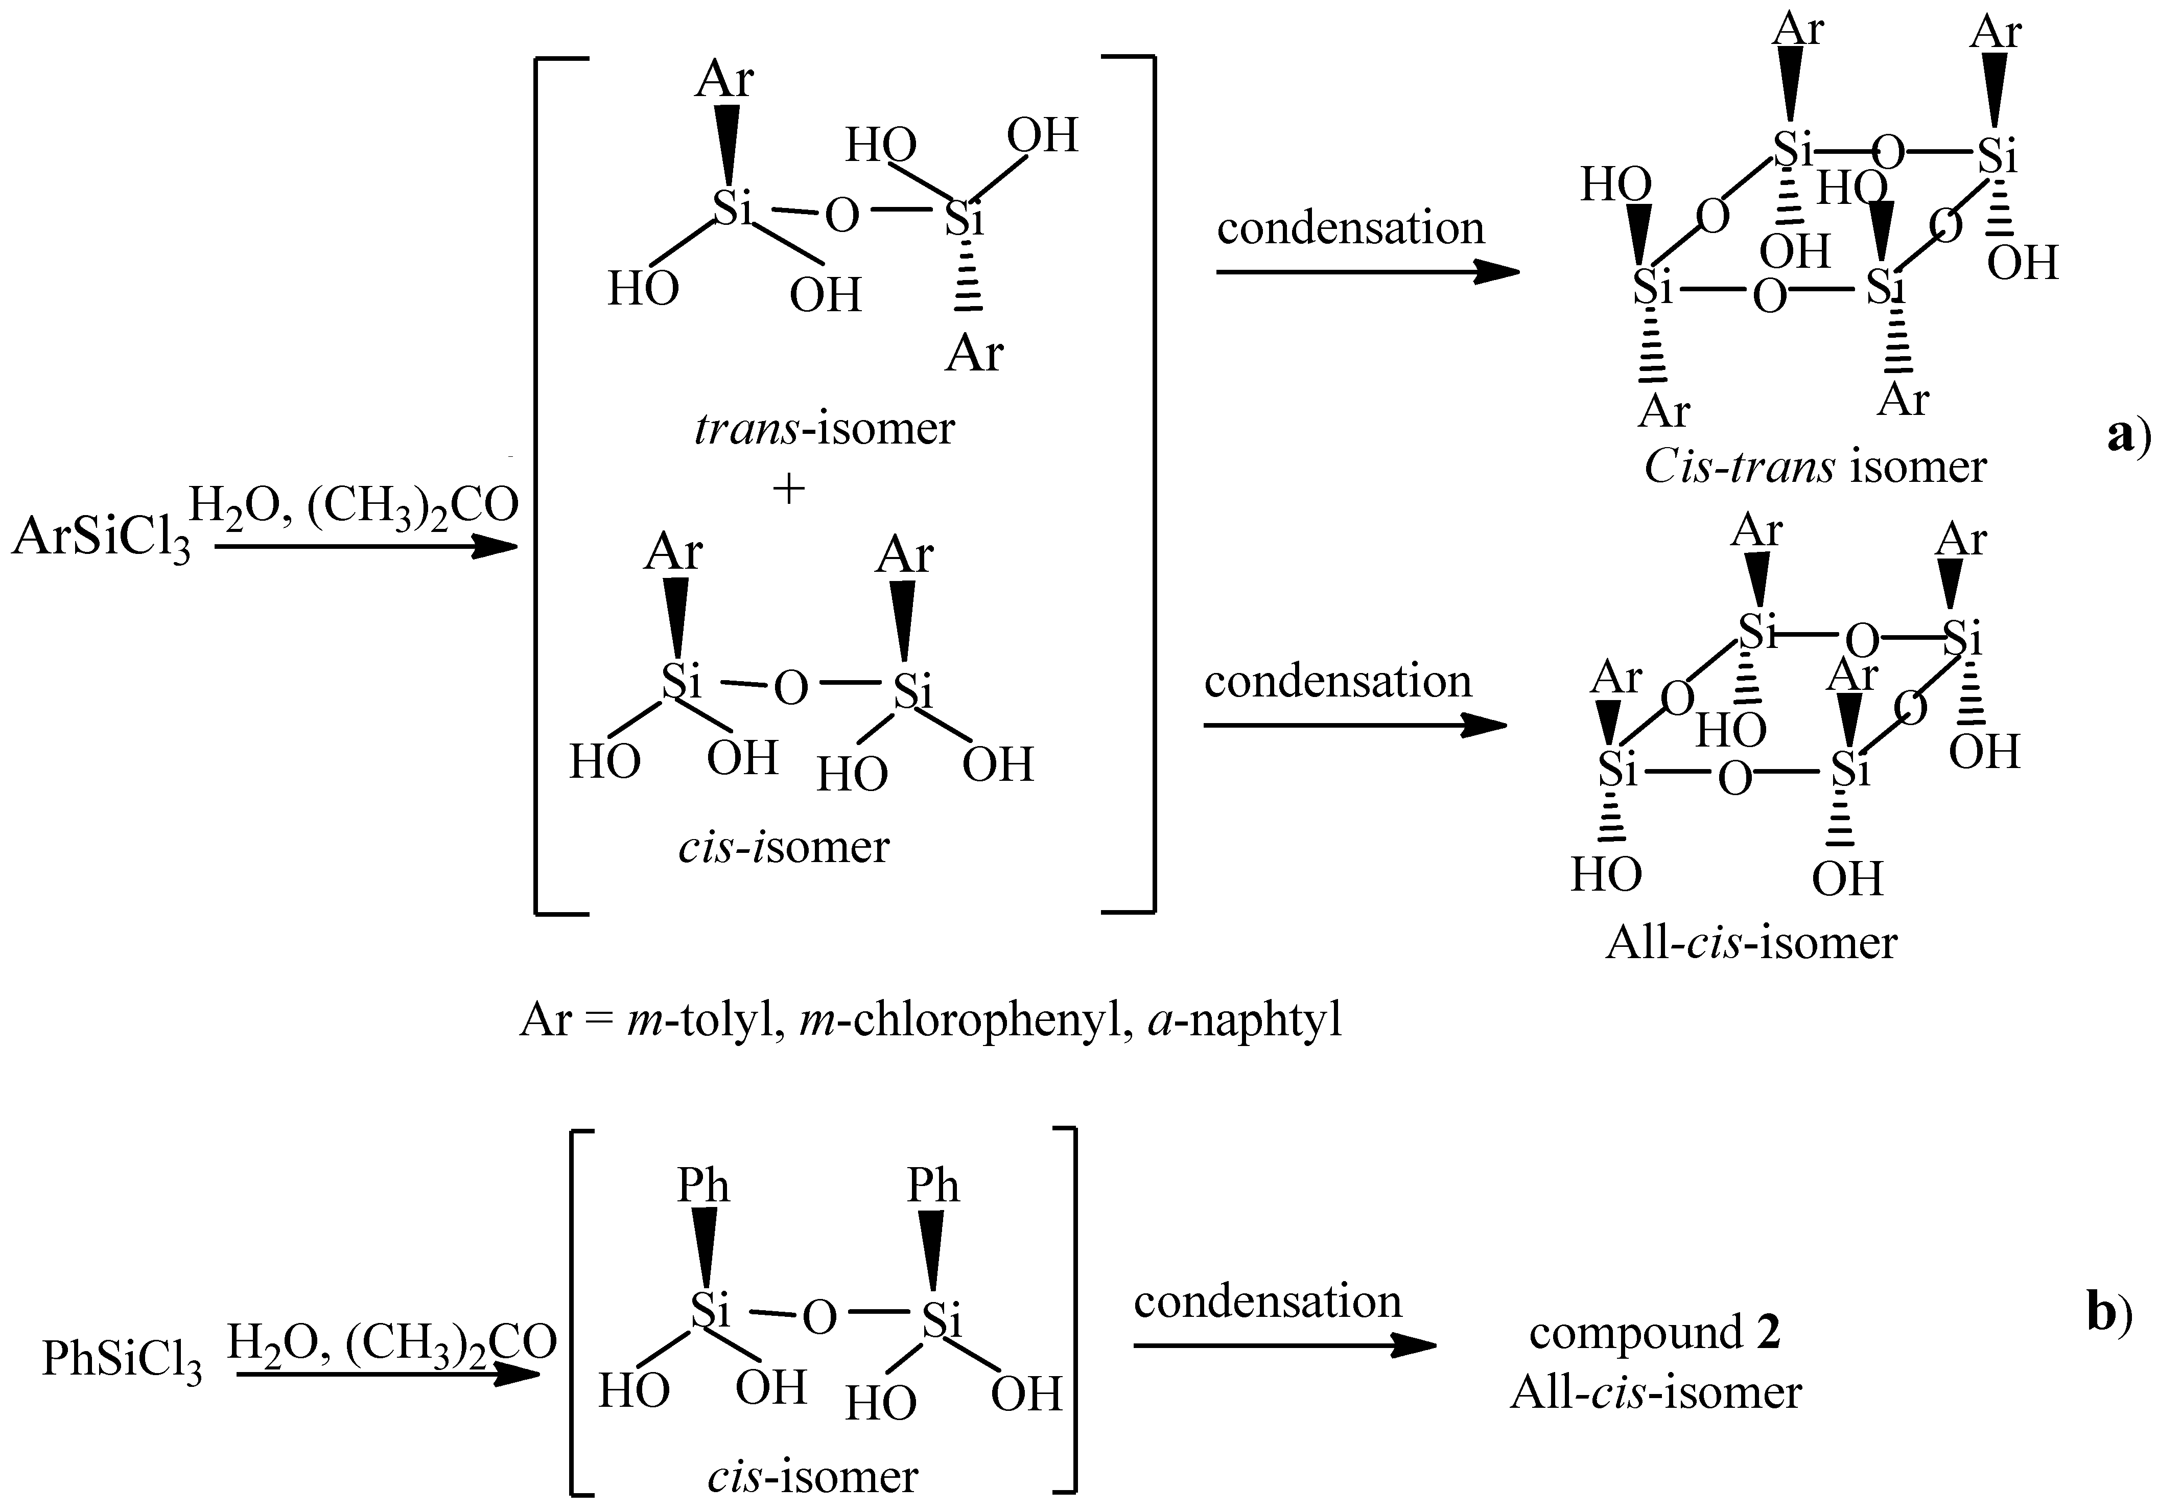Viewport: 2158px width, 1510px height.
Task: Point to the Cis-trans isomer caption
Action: click(1814, 467)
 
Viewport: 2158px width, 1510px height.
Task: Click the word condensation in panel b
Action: click(1267, 1302)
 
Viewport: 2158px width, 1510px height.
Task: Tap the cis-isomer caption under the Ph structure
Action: click(812, 1476)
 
